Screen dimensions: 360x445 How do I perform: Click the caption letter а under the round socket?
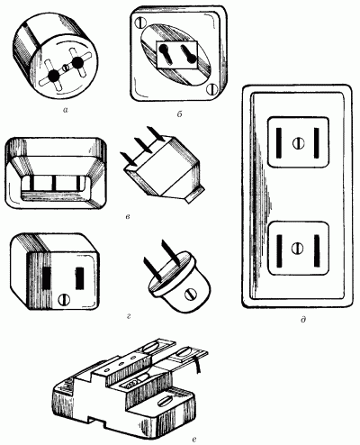[x=66, y=110]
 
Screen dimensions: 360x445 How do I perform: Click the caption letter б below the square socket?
[x=180, y=114]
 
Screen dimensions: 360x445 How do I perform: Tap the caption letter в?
[x=128, y=216]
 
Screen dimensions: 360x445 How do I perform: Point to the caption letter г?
[x=129, y=316]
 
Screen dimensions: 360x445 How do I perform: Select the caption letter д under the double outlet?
[x=303, y=320]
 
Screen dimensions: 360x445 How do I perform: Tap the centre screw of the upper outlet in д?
[x=298, y=142]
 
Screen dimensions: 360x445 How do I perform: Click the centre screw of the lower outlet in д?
[x=298, y=248]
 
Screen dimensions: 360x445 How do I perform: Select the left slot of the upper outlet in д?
[x=279, y=142]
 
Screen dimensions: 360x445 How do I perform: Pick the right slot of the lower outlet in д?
[x=317, y=251]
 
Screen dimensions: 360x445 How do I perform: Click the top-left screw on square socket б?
[x=140, y=23]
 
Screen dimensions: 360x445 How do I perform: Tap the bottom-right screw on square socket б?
[x=212, y=89]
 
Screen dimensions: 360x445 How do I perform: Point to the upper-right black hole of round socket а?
[x=77, y=61]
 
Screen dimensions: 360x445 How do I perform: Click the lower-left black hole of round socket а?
[x=54, y=76]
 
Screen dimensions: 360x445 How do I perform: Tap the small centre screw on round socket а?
[x=67, y=68]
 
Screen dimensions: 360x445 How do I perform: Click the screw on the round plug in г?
[x=189, y=295]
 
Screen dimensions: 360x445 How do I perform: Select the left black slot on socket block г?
[x=47, y=277]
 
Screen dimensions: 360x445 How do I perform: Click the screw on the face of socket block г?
[x=64, y=299]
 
